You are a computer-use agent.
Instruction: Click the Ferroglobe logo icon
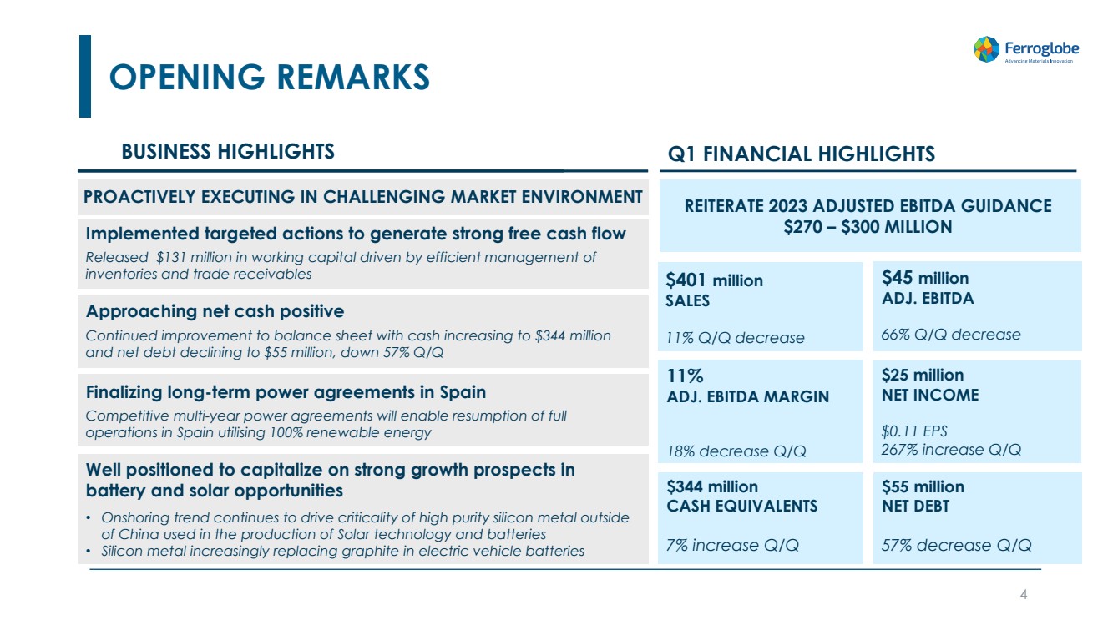(986, 49)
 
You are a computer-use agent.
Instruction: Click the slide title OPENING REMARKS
(270, 77)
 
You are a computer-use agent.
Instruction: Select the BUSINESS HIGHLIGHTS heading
(228, 151)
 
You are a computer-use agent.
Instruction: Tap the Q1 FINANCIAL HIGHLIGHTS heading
(802, 154)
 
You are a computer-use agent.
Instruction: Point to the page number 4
(1024, 595)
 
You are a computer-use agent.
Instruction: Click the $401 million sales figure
(714, 280)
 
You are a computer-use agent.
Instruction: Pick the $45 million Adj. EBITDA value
(925, 278)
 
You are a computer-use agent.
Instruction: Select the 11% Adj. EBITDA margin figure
(686, 376)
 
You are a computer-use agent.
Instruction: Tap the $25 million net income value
(923, 375)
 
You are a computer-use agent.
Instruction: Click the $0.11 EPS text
(914, 431)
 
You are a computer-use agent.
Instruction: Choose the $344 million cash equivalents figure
(712, 486)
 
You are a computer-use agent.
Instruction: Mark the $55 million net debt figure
(923, 486)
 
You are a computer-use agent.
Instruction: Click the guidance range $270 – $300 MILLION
(868, 227)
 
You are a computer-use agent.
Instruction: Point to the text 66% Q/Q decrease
(951, 335)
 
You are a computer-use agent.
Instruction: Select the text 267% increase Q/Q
(951, 450)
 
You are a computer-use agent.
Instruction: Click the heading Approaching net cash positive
(215, 311)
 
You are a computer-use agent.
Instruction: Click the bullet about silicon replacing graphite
(342, 551)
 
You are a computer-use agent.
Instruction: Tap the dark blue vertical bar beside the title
(85, 76)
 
